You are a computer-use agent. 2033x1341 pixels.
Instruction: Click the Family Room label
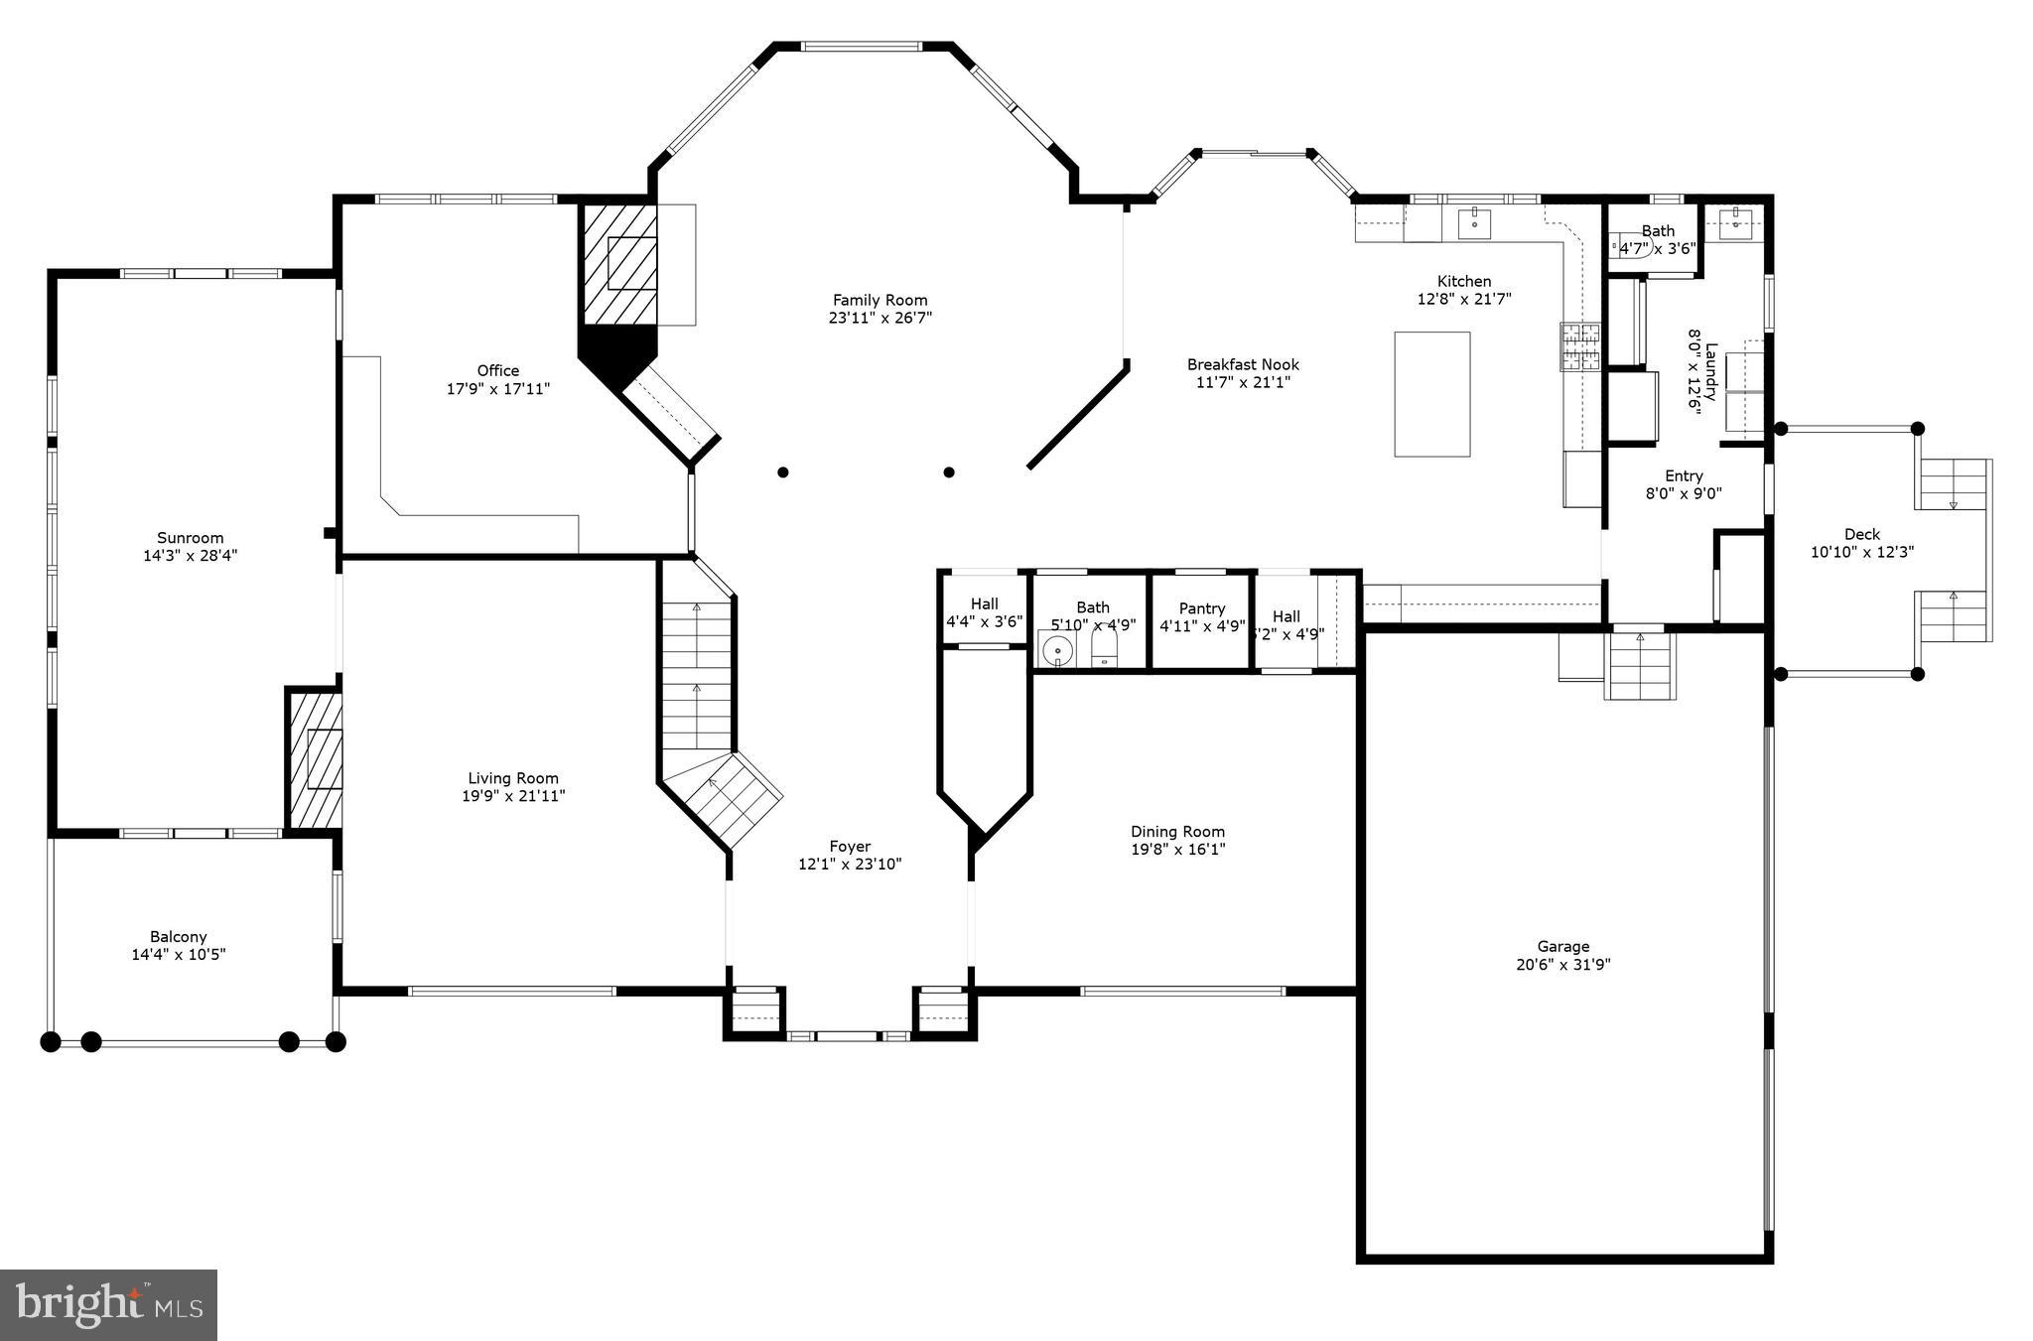[x=880, y=300]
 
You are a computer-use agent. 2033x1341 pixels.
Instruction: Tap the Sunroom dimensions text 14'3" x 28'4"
[x=190, y=556]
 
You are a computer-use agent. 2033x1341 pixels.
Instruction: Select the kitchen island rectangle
[x=1431, y=394]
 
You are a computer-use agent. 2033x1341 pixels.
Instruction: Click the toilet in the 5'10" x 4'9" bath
[x=1105, y=651]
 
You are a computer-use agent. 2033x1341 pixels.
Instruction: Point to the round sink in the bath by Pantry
[x=1058, y=652]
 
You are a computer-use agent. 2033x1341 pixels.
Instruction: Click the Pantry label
[x=1202, y=608]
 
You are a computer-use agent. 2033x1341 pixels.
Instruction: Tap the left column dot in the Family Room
[x=783, y=472]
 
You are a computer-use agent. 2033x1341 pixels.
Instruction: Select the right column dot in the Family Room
[x=949, y=472]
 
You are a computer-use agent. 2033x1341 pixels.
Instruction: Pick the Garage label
[x=1562, y=946]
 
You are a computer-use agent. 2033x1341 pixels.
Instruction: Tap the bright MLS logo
[x=108, y=1304]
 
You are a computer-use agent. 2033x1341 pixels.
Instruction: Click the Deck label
[x=1861, y=534]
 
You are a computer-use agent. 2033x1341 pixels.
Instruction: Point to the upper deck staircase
[x=1954, y=484]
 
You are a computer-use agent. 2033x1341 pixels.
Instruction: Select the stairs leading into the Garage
[x=1640, y=665]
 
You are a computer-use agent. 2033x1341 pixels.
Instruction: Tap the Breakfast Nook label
[x=1242, y=364]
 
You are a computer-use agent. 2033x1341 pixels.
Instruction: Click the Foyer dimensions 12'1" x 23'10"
[x=850, y=865]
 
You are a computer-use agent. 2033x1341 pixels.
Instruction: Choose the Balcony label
[x=179, y=936]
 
